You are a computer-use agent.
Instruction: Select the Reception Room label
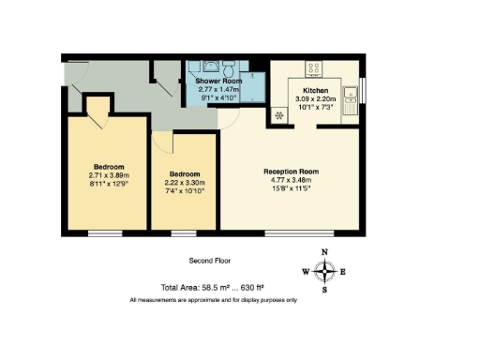(291, 172)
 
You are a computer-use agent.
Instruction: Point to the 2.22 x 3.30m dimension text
(185, 183)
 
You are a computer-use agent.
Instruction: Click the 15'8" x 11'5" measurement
(291, 190)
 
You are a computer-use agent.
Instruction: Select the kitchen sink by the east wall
(350, 97)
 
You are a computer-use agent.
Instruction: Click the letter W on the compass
(305, 272)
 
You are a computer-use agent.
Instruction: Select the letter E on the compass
(343, 272)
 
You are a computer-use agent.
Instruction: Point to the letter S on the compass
(324, 290)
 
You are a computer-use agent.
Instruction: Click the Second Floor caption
(210, 261)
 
